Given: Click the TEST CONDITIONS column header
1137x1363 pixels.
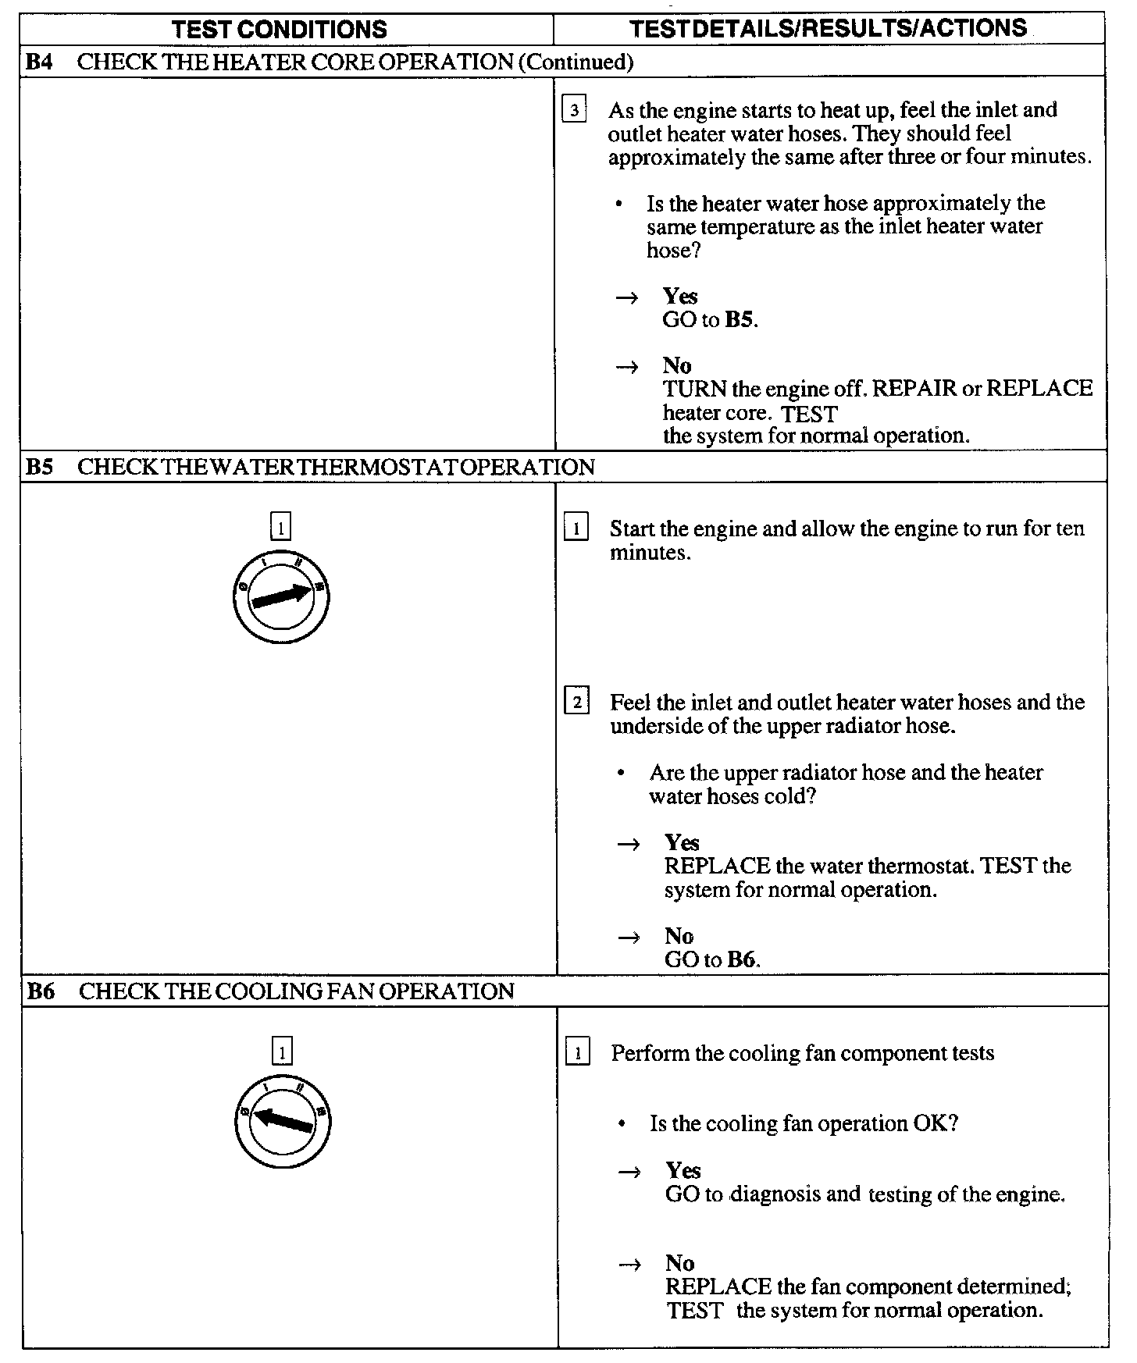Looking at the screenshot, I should (x=279, y=30).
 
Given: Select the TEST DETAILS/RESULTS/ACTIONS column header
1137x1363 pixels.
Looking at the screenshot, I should (x=828, y=29).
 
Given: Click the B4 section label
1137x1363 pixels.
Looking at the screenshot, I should (x=38, y=62).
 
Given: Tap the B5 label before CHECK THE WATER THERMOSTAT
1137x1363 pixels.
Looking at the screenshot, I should (x=38, y=467).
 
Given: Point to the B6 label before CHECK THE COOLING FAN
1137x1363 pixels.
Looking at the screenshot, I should (x=39, y=991).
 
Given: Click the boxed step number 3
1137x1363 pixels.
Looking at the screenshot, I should (x=574, y=110).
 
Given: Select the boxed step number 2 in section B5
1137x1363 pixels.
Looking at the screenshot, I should (x=576, y=702).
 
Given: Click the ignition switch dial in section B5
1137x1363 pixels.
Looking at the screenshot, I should (x=281, y=596).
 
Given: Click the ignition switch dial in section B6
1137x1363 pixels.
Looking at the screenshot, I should (x=282, y=1121).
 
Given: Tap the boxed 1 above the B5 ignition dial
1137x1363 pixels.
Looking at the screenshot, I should (x=280, y=528).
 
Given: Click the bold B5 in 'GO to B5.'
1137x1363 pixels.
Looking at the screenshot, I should (x=740, y=320).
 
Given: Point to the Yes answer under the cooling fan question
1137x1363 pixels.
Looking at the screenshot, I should (x=683, y=1170).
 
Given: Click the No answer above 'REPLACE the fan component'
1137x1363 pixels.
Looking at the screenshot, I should (x=679, y=1263).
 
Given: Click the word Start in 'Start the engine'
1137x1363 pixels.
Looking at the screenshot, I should (x=632, y=528).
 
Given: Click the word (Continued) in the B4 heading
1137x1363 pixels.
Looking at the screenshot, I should (x=576, y=62).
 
